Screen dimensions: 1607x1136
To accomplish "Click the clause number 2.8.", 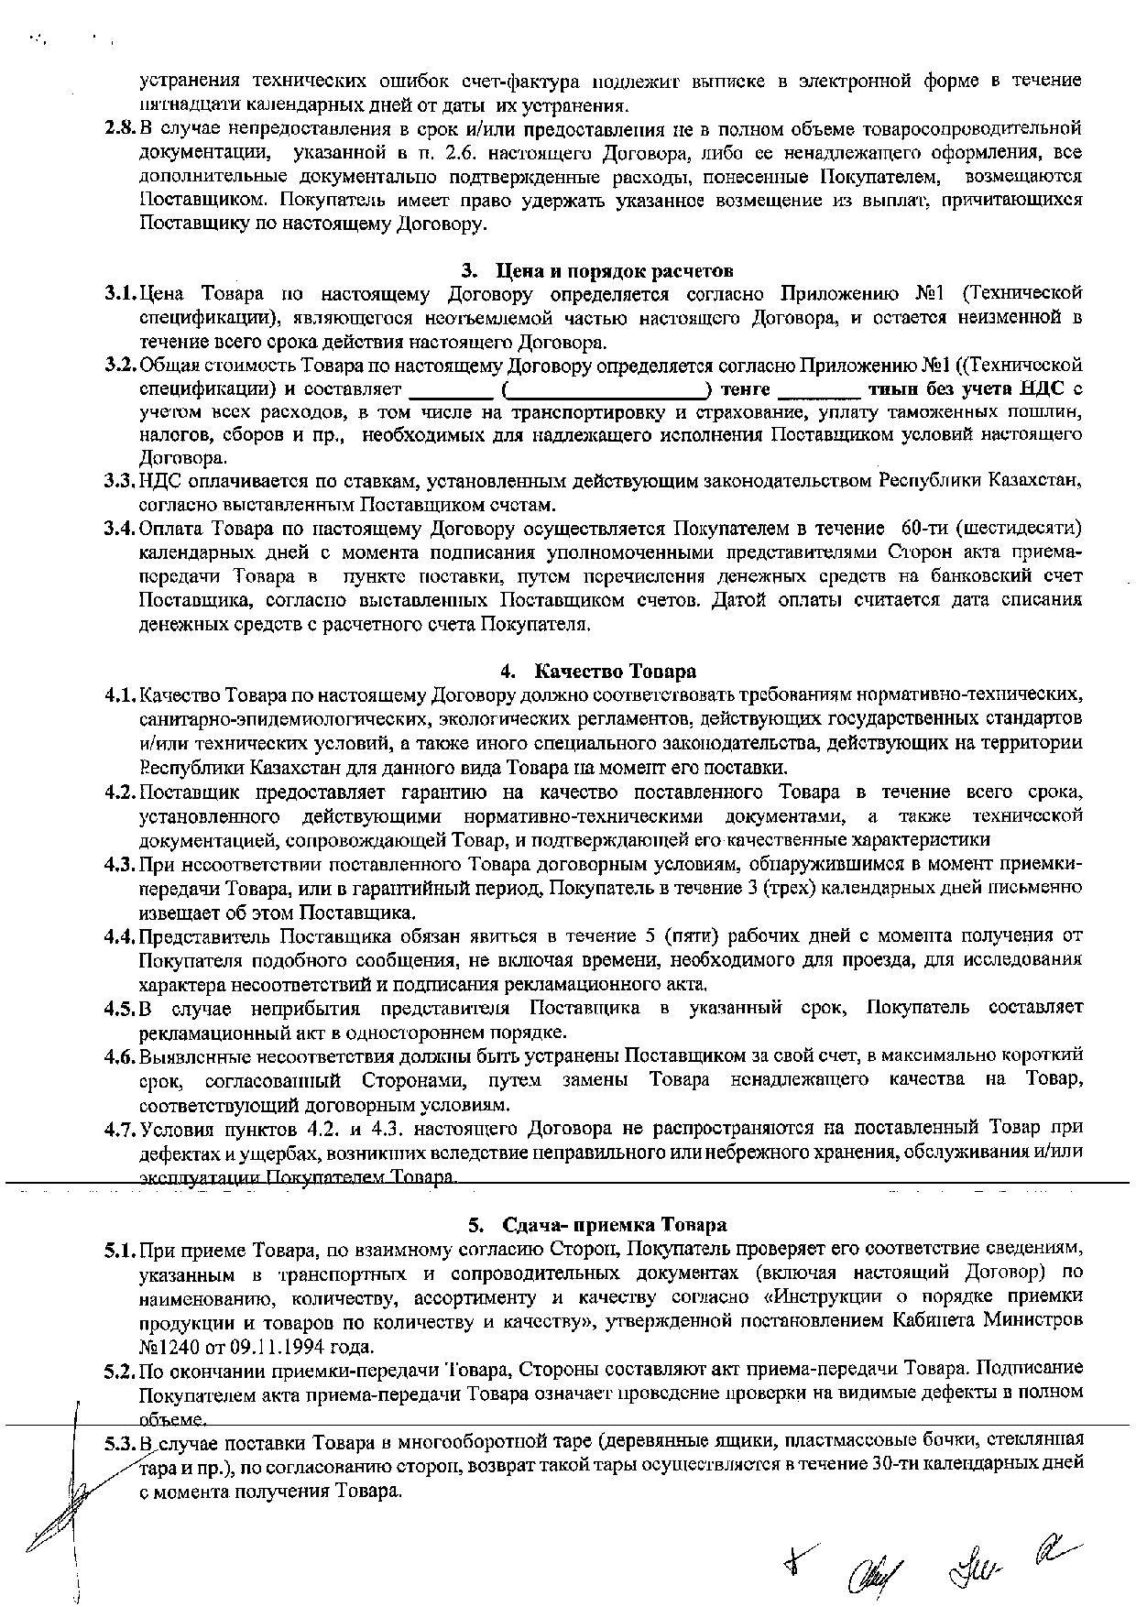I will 120,127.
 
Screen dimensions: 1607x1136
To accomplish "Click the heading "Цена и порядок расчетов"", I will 614,271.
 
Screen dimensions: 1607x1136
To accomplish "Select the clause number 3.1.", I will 120,293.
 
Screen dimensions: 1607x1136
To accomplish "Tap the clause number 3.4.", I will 120,529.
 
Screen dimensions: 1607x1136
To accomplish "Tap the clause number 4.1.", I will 120,694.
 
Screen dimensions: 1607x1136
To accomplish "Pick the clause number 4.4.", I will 120,936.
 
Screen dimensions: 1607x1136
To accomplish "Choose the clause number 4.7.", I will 120,1127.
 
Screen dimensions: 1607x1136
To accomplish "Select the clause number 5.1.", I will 120,1249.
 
